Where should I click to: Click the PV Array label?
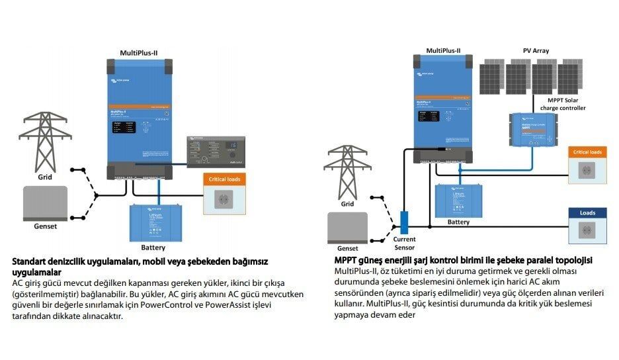coord(536,50)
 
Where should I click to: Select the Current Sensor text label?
coord(404,242)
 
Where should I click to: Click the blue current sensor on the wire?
coord(405,221)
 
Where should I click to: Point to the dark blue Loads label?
coord(587,213)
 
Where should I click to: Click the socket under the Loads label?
coord(587,230)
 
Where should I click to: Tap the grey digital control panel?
coord(216,152)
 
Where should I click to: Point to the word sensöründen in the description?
coord(361,293)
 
